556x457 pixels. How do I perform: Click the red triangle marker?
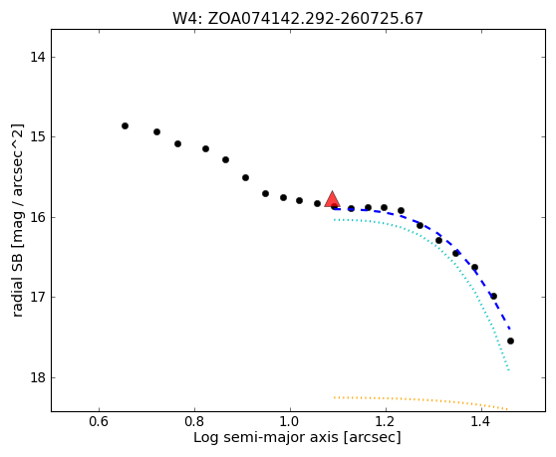point(332,200)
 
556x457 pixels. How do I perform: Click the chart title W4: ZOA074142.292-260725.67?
point(298,18)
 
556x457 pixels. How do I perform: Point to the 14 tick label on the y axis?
point(38,57)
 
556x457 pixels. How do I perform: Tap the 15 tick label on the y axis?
point(38,136)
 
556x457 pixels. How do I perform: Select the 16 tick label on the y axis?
point(38,217)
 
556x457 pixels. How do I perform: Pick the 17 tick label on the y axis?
point(38,298)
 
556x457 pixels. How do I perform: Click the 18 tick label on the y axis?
point(38,377)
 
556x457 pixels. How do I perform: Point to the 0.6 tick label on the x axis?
point(99,421)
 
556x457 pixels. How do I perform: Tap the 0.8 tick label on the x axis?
point(194,421)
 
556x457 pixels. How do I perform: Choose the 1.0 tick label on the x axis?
point(290,421)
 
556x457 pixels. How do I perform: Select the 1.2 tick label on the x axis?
point(386,421)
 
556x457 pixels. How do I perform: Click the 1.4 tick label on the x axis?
point(481,421)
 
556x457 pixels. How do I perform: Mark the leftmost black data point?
point(125,125)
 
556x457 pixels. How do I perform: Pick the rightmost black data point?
point(510,341)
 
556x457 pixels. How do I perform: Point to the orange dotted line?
point(421,399)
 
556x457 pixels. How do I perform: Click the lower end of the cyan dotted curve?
point(509,370)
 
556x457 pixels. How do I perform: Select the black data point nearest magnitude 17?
point(493,296)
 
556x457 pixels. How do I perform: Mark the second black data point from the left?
point(156,131)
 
